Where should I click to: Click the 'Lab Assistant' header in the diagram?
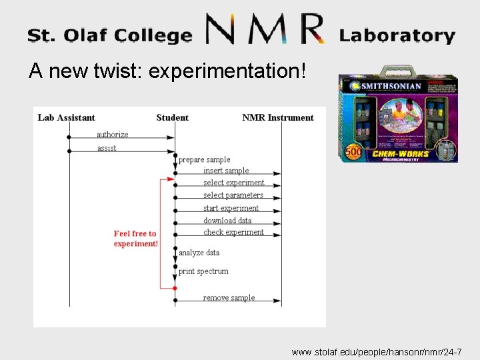[66, 118]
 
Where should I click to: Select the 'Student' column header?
[172, 118]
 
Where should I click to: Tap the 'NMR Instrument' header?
[277, 118]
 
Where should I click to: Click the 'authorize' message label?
[113, 135]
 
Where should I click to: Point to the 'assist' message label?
[107, 148]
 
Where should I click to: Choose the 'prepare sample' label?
[204, 160]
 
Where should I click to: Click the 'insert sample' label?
[226, 171]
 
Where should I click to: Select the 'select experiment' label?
[233, 183]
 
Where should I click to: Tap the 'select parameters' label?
[233, 195]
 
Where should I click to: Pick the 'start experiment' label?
[231, 208]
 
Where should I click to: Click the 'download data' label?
[227, 221]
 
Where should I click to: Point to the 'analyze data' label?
[199, 253]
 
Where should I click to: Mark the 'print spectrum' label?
[203, 271]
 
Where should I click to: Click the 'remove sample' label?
[229, 298]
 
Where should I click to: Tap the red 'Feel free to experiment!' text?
[135, 239]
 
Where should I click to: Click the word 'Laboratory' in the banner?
[397, 35]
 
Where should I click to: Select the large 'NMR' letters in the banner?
[265, 29]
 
